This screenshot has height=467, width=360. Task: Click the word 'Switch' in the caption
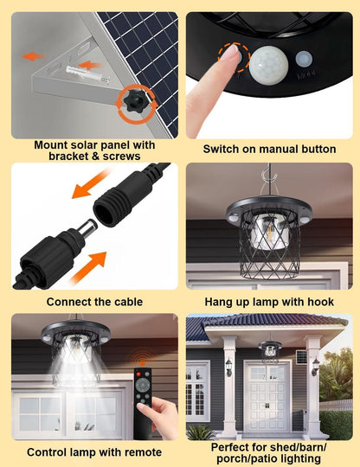pyautogui.click(x=222, y=149)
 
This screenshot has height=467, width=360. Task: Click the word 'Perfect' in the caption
pyautogui.click(x=233, y=445)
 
